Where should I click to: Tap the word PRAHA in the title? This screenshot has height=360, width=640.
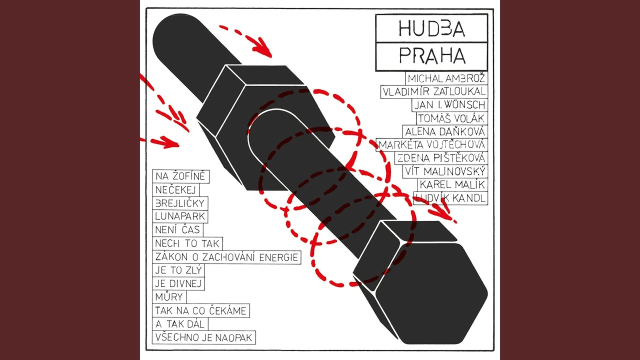point(431,56)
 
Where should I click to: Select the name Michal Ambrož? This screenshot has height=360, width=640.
point(446,78)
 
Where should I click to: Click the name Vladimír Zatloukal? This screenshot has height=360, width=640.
point(433,92)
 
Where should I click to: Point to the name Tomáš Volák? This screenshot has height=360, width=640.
point(451,118)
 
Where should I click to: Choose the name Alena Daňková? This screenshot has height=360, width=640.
point(445,131)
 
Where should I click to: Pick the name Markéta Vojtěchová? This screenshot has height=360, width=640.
point(432,144)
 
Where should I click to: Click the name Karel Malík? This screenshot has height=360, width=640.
point(451,184)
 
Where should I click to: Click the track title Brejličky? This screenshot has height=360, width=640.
point(180,203)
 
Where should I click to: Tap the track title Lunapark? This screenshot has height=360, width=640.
point(173,217)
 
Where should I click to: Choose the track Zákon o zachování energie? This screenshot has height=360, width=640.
point(227,257)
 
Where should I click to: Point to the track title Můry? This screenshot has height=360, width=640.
point(169,297)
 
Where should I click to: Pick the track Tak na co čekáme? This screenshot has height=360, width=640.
point(201,311)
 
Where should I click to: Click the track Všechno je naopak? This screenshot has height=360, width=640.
point(204,337)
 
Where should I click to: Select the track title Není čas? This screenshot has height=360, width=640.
point(177,230)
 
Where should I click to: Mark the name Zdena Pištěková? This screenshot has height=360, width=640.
point(440,158)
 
